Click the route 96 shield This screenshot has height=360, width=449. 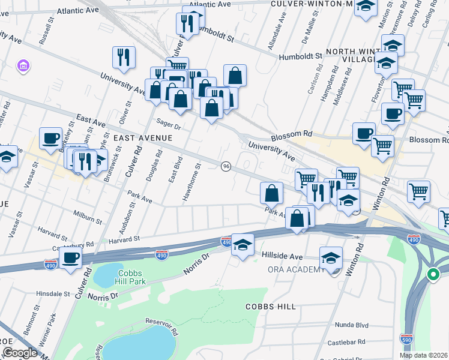click(226, 166)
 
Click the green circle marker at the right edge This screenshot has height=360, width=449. click(433, 275)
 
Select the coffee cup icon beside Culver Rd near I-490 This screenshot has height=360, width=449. click(71, 258)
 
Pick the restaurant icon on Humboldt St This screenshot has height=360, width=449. click(187, 23)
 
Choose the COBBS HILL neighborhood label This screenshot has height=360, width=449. click(271, 307)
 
